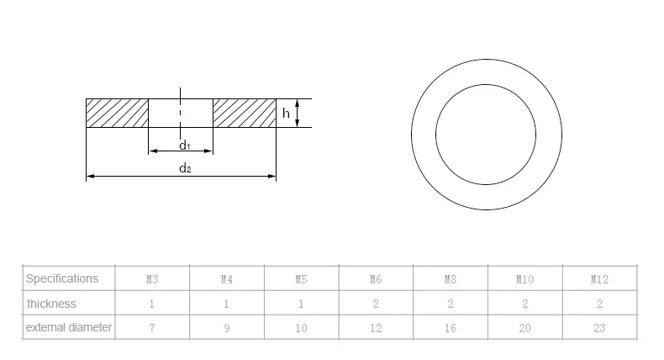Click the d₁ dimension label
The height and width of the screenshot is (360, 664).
point(185,146)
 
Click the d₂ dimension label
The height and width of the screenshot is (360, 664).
point(185,168)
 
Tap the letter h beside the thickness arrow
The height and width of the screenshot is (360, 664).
point(286,114)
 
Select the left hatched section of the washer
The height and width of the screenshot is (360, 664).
point(118,114)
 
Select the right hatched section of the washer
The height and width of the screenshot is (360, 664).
point(245,114)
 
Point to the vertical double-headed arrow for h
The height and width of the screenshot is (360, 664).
point(298,114)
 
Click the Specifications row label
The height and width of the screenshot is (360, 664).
point(62,278)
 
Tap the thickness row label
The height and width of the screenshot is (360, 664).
point(51,304)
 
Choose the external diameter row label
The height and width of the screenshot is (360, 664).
point(69,327)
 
